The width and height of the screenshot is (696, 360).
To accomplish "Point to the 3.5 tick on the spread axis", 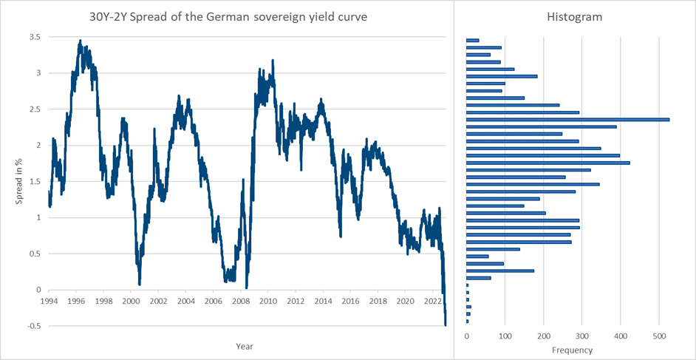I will click(35, 37).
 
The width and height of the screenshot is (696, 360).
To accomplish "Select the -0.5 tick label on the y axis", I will click(33, 326).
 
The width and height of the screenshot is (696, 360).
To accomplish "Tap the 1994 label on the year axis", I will click(49, 302).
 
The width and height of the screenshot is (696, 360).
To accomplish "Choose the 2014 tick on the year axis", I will click(323, 302).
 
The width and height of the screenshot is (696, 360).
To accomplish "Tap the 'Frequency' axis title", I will click(573, 350).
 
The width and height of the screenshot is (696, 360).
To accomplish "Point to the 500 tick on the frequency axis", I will click(659, 336).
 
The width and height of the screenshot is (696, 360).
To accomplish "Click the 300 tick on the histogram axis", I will click(582, 336).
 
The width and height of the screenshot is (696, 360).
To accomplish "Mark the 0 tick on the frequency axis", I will click(467, 336).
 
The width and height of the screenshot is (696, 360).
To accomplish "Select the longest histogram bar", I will click(567, 119).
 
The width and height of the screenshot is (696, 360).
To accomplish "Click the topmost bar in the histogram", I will click(473, 40).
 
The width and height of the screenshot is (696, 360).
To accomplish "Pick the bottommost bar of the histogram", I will click(468, 321).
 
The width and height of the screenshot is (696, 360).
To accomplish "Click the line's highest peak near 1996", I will click(80, 41).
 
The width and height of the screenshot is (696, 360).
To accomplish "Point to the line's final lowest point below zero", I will click(446, 325).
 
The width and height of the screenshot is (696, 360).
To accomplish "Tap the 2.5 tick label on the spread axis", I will click(35, 109).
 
